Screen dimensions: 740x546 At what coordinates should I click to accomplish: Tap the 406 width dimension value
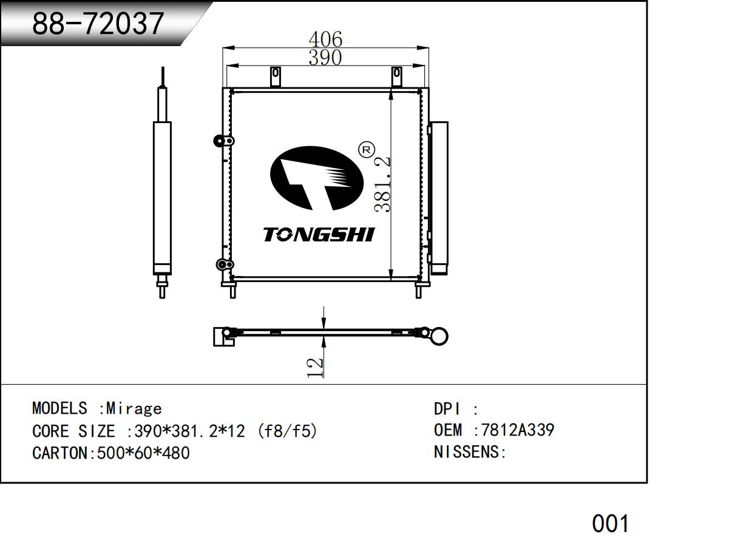click(325, 39)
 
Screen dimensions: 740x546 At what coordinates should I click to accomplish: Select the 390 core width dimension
click(325, 58)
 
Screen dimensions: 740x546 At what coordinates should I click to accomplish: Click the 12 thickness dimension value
click(315, 368)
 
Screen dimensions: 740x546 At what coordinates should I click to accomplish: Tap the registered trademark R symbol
click(366, 150)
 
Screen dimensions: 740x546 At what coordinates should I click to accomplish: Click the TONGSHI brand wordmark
click(319, 234)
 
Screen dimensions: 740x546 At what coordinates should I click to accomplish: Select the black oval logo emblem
click(317, 178)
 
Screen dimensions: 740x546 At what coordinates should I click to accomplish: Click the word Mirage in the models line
click(134, 408)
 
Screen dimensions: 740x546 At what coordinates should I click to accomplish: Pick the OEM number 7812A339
click(517, 430)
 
